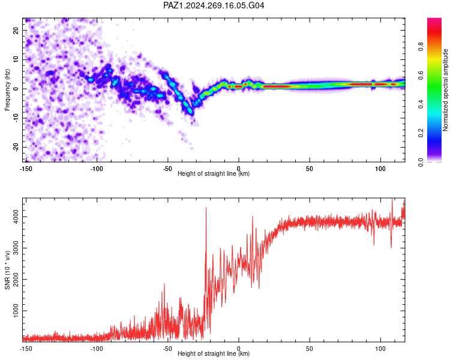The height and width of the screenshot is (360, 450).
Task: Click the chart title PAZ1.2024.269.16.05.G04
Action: (x=214, y=5)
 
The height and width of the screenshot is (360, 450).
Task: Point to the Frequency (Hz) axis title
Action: (x=7, y=90)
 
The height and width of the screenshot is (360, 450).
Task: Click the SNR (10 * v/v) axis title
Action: (x=7, y=270)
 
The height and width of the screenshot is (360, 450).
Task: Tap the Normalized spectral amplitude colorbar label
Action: (x=445, y=90)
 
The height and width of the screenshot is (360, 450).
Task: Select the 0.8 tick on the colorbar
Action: (x=421, y=47)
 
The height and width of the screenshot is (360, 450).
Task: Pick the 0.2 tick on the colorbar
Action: (x=421, y=133)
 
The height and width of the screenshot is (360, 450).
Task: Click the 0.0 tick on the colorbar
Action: (x=421, y=162)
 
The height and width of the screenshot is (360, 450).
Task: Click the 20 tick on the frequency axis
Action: (x=16, y=30)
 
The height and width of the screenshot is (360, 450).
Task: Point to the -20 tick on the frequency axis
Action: (x=16, y=147)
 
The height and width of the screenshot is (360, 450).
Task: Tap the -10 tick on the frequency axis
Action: (x=16, y=118)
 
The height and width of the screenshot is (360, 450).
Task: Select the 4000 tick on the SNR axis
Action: (x=16, y=217)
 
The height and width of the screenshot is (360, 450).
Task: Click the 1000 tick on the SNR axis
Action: (x=16, y=311)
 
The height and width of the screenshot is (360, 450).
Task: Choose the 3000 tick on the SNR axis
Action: (x=16, y=248)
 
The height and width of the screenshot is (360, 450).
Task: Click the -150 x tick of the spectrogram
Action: (x=26, y=169)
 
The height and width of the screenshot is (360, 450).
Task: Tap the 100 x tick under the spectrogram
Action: (x=380, y=169)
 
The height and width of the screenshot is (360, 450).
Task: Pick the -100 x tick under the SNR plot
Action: (x=97, y=349)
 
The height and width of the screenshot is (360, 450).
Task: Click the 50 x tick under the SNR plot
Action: (x=310, y=349)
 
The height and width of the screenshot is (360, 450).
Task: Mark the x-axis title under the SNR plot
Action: (x=214, y=353)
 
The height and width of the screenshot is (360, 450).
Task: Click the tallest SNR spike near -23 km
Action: (x=206, y=208)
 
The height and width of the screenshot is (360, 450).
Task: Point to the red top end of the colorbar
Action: (x=434, y=19)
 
